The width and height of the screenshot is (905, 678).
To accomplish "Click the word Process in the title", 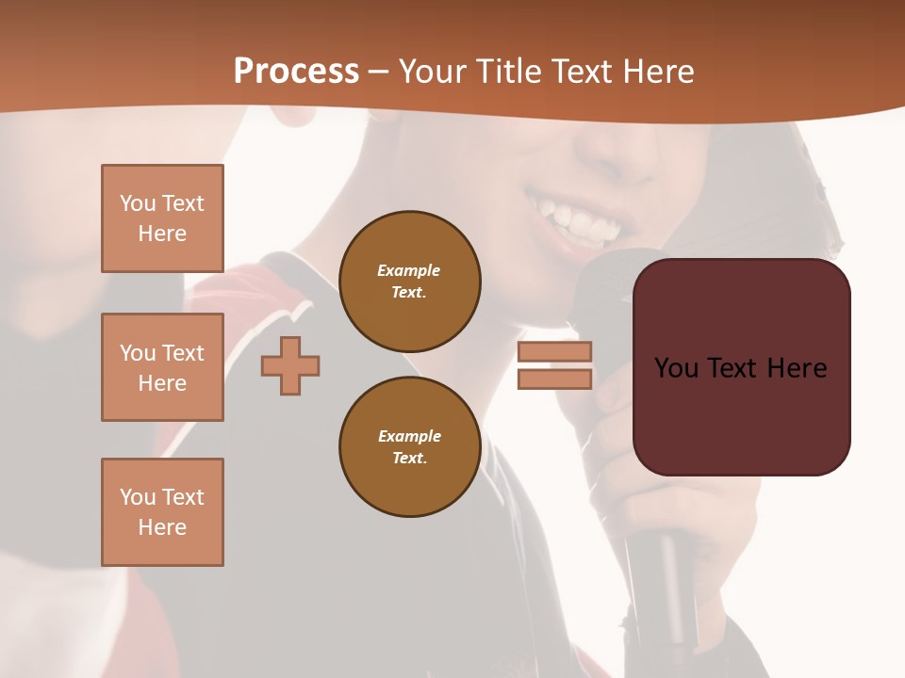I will coord(296,72).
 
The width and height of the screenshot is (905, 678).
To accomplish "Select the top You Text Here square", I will coord(162,218).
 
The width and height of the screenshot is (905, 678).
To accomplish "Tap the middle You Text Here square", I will coord(162,367).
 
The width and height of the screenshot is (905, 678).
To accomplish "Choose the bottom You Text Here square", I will coord(162,512).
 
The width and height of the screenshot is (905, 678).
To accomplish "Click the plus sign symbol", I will coord(290,365).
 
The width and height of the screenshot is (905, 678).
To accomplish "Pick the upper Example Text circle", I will coord(409,282).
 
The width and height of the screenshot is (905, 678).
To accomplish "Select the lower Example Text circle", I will coord(409,447).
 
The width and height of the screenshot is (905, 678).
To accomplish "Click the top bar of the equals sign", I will coord(555,351).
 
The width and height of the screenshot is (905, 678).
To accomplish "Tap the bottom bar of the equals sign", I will coord(555,379).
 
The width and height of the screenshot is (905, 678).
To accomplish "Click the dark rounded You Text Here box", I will coord(741,367).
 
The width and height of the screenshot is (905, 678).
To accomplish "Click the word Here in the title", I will coord(654,72).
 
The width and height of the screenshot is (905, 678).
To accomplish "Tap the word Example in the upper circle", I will coord(409,270).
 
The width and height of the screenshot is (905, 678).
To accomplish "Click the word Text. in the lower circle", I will coord(409,459).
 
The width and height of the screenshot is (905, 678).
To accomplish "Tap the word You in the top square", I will coord(138,203).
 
